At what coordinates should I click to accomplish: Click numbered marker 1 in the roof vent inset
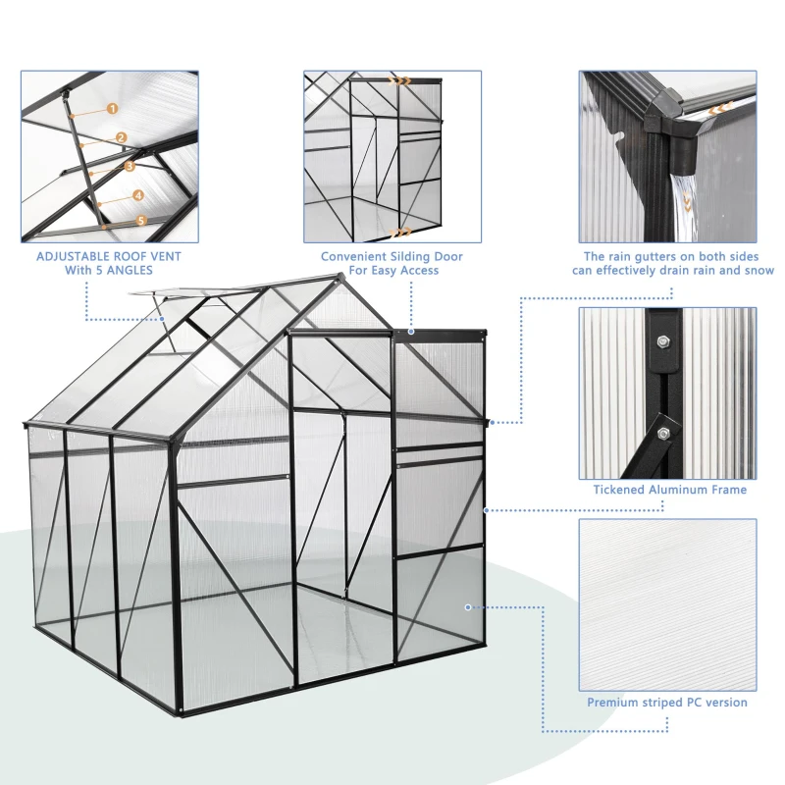112,109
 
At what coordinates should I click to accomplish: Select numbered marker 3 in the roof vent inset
130,166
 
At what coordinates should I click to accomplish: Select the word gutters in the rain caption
636,257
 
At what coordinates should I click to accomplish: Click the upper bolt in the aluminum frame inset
664,341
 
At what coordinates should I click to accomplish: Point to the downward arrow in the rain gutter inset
686,204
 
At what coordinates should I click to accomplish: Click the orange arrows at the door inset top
399,81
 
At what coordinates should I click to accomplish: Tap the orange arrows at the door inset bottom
399,233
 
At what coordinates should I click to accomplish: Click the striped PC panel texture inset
667,603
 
